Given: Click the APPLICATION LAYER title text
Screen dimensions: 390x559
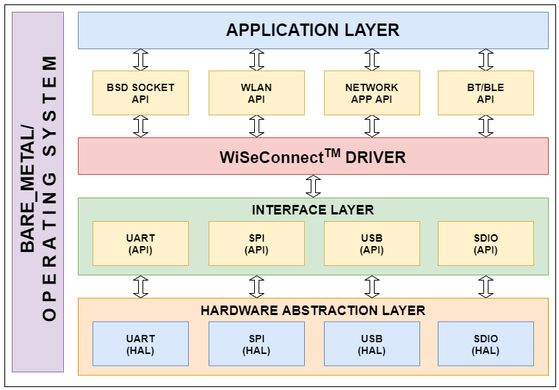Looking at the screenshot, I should [313, 30].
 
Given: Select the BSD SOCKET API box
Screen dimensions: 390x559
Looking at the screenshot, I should [140, 93].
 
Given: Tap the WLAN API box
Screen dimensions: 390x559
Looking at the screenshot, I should [256, 93].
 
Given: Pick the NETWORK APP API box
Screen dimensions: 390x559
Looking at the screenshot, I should [372, 93].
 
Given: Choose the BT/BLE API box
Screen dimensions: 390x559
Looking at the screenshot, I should [486, 93].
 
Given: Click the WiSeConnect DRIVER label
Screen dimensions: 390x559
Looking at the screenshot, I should [313, 156].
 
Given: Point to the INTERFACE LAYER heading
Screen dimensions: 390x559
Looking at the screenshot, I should [313, 210].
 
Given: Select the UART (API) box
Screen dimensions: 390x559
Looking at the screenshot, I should [140, 244].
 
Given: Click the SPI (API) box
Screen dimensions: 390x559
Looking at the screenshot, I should [256, 244].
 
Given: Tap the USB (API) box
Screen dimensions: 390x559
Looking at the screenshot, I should [372, 244].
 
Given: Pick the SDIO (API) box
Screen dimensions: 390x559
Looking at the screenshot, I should [486, 244].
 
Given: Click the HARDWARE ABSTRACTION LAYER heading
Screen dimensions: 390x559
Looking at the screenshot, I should [313, 311].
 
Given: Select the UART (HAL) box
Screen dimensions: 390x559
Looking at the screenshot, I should [140, 344].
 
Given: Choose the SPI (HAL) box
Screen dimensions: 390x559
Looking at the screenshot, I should [256, 344].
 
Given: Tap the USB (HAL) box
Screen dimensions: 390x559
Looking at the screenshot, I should [372, 344].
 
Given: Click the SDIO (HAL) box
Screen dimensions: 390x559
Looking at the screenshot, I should [486, 344].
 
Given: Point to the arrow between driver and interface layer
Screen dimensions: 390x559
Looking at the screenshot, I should [313, 186].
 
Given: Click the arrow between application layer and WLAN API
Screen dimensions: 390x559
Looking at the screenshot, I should [256, 59].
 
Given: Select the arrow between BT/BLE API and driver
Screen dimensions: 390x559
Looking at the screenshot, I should [486, 126].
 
